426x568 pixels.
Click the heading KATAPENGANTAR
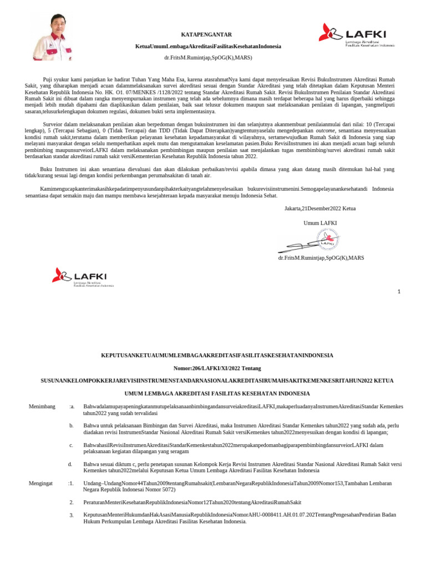pos(206,34)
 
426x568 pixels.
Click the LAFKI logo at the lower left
pos(83,277)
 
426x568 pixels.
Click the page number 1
pos(398,292)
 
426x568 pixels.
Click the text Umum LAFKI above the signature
pos(320,222)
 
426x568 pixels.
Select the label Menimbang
pos(42,407)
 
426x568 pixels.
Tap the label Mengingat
pos(40,483)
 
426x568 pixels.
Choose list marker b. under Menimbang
pos(72,425)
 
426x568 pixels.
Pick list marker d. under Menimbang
pos(70,464)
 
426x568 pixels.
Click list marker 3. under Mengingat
pos(72,515)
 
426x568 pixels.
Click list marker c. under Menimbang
pos(71,445)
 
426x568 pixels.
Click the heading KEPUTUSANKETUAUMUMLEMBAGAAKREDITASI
pos(216,355)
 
